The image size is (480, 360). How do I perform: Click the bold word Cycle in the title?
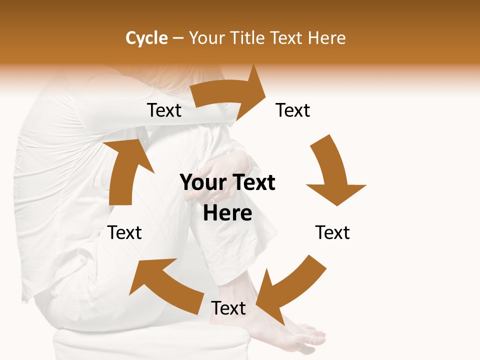coord(146,38)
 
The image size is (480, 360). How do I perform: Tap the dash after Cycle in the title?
coord(178,38)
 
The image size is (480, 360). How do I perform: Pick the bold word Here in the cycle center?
coord(227,213)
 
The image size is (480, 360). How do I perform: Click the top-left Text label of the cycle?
coord(164,110)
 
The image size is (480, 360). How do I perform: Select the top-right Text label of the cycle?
coord(293,110)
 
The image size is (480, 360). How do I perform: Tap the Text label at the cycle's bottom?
coord(228,308)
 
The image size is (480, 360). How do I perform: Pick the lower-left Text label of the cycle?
coord(124,232)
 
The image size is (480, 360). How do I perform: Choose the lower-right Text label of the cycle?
coord(332,232)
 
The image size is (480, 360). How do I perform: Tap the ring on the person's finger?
coord(214,199)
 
